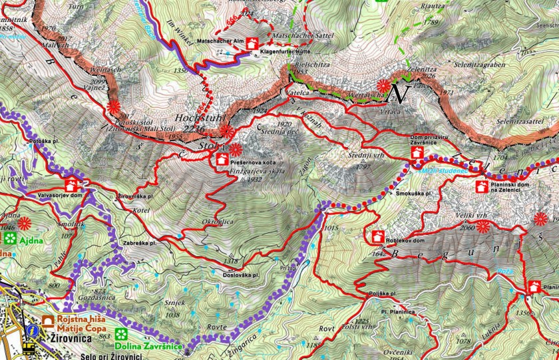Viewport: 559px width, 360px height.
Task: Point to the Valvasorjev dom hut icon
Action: pyautogui.click(x=71, y=184)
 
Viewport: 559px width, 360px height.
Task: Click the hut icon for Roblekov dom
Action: pyautogui.click(x=377, y=237)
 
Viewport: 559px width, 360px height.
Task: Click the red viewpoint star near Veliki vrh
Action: pyautogui.click(x=483, y=227)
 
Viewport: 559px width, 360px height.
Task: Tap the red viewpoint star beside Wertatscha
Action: pyautogui.click(x=383, y=86)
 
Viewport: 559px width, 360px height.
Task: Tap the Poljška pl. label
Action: pyautogui.click(x=380, y=294)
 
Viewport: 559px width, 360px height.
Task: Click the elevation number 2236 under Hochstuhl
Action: pyautogui.click(x=194, y=129)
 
